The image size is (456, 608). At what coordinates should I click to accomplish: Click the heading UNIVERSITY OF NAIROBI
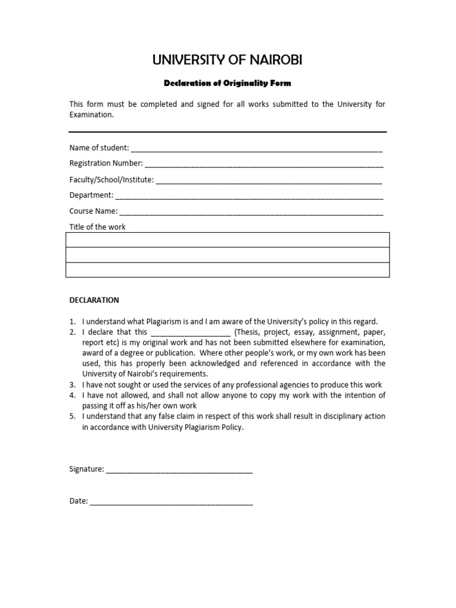(x=228, y=59)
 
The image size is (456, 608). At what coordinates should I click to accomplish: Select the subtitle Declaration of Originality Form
(x=227, y=83)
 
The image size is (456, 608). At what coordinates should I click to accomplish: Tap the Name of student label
(x=99, y=147)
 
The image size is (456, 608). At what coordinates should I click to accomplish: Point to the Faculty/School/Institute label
(x=111, y=179)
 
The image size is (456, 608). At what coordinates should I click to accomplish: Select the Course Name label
(x=94, y=211)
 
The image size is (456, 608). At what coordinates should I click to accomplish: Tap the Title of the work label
(x=97, y=227)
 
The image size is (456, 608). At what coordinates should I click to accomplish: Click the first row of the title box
(x=227, y=240)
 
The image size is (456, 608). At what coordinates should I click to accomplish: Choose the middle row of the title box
(x=227, y=255)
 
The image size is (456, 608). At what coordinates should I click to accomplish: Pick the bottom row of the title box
(x=227, y=270)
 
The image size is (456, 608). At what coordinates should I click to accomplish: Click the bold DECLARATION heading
(x=94, y=300)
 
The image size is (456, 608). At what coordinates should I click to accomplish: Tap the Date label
(x=78, y=501)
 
